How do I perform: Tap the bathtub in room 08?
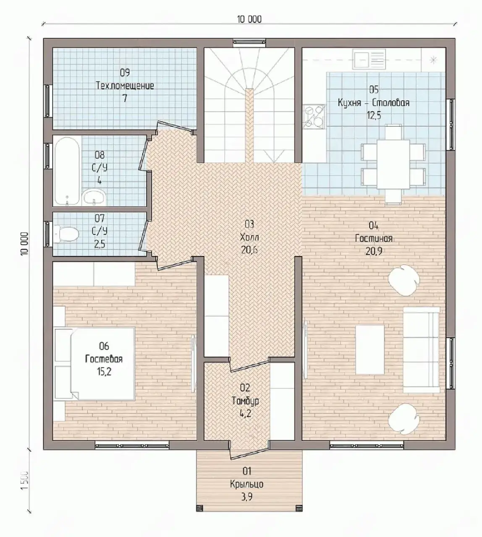(67, 171)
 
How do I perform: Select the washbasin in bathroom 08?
(94, 198)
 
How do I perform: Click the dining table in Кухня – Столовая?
(393, 164)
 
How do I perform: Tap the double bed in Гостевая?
(94, 364)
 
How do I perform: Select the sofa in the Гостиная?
(421, 350)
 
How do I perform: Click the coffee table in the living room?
(370, 349)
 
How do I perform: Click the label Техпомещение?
(125, 86)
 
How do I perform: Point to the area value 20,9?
(374, 251)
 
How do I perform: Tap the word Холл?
(249, 237)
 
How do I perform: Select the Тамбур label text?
(245, 401)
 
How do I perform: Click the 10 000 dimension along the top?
(249, 19)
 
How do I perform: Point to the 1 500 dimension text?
(24, 480)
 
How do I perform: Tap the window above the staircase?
(249, 42)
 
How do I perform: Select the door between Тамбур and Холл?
(249, 365)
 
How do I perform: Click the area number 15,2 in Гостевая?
(104, 372)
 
